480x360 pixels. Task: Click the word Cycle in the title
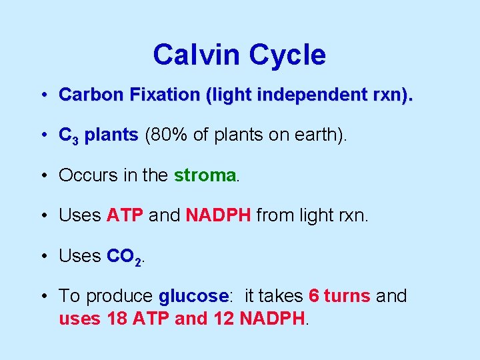286,55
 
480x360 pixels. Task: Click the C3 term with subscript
69,136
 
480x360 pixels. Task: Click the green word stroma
205,175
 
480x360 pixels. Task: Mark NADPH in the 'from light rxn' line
219,215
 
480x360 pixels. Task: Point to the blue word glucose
194,296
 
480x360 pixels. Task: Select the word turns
347,295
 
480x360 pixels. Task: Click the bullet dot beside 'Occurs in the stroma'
43,175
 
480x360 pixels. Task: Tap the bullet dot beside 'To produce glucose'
43,296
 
